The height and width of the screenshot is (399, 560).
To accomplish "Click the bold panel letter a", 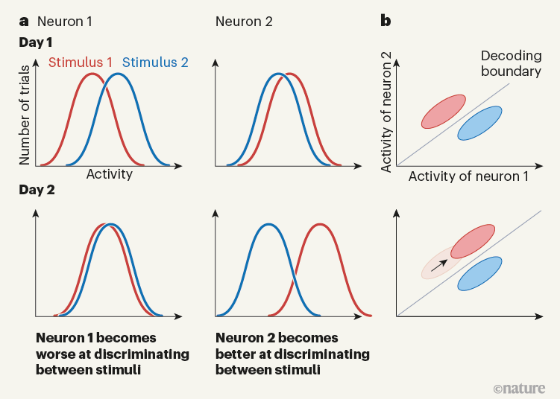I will (x=23, y=22).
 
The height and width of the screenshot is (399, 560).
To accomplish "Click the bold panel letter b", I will (x=386, y=22).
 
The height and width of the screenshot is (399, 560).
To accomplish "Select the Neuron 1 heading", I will (x=65, y=22).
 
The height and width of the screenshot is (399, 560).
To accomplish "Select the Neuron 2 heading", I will (x=244, y=22).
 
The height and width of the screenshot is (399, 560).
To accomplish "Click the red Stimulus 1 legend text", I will (x=81, y=63).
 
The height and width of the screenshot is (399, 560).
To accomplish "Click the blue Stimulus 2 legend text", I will (x=155, y=63).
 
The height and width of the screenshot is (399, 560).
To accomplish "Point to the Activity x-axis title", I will (x=110, y=175).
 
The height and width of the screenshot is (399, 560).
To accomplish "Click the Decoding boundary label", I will (x=510, y=63).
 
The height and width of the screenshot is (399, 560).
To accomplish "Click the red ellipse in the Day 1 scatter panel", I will (x=444, y=111).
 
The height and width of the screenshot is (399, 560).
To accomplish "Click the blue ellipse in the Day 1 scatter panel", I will (x=479, y=123).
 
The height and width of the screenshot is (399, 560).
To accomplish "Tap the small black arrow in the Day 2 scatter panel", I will (x=441, y=262).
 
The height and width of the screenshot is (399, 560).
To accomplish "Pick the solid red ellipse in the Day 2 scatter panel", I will (x=472, y=241).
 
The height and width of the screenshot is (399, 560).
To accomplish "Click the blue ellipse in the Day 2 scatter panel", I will (x=479, y=273).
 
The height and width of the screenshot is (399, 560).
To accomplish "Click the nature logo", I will (x=519, y=388).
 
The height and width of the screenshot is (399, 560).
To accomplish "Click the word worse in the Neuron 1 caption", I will (x=56, y=353).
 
